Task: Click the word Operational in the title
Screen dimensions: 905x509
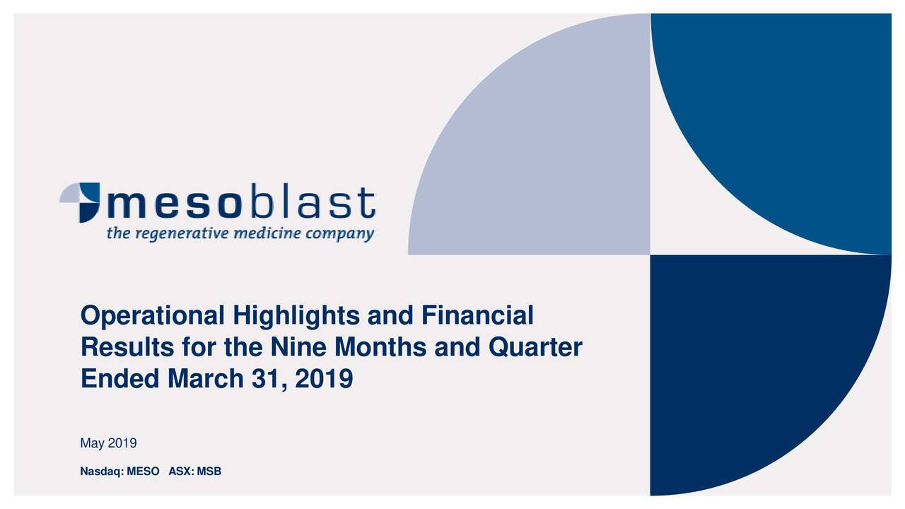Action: [x=153, y=316]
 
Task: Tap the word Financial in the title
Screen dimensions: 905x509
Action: [x=477, y=315]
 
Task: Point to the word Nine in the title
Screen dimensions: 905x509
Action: [x=298, y=347]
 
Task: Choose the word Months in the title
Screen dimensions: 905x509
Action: [x=380, y=347]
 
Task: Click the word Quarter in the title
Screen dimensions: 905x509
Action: [x=535, y=347]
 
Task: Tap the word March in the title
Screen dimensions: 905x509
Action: [x=206, y=379]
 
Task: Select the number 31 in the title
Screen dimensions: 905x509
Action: [x=267, y=380]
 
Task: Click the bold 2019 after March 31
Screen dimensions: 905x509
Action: [x=324, y=379]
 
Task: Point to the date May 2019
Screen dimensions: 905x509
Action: [x=108, y=443]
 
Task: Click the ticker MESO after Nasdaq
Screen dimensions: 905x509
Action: [x=143, y=472]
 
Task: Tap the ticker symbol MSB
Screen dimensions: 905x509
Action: [x=209, y=472]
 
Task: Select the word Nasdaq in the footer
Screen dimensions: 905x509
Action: [x=102, y=472]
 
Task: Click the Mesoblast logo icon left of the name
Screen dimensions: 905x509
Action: [x=80, y=202]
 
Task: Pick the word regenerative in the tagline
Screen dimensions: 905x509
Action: [x=182, y=234]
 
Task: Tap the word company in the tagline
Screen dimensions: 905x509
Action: [x=340, y=234]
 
